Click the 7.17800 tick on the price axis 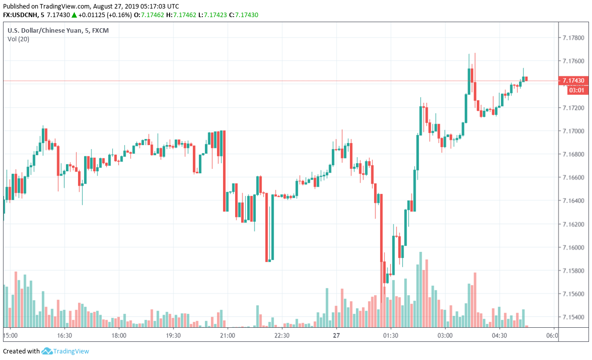click(574, 38)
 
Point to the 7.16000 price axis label click(574, 248)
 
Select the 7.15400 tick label click(574, 317)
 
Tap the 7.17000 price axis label click(574, 131)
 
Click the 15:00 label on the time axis click(11, 335)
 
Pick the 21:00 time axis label click(228, 335)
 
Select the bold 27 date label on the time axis click(336, 335)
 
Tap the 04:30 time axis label click(499, 335)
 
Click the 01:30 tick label click(391, 335)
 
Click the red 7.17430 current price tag click(574, 81)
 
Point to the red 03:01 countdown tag click(576, 90)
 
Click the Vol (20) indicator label click(18, 39)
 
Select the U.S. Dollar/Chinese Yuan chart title click(58, 31)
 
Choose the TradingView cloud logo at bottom click(47, 351)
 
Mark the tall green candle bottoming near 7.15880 click(272, 227)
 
